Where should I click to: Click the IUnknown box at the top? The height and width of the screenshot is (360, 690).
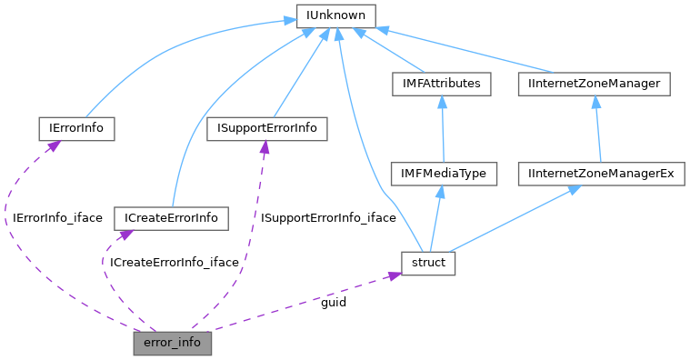(x=336, y=15)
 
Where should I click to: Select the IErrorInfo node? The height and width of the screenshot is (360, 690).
(x=76, y=128)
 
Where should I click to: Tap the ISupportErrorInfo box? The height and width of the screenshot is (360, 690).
(x=266, y=128)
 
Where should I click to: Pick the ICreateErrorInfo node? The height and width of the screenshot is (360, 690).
(x=171, y=218)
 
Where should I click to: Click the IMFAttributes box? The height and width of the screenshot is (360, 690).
(x=441, y=84)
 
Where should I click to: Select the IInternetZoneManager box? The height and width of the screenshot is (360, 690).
(x=594, y=84)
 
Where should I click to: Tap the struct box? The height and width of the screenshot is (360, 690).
(x=428, y=263)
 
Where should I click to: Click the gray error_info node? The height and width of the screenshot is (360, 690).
(x=173, y=343)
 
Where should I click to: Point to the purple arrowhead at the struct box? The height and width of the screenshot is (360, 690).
(x=395, y=274)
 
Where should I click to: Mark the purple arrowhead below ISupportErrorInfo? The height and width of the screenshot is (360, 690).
(x=265, y=146)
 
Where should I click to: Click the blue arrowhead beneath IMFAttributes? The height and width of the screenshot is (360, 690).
(x=441, y=102)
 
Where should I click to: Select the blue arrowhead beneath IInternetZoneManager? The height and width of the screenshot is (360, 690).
(x=595, y=102)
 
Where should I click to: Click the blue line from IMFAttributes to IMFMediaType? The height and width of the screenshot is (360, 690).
(x=442, y=132)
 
